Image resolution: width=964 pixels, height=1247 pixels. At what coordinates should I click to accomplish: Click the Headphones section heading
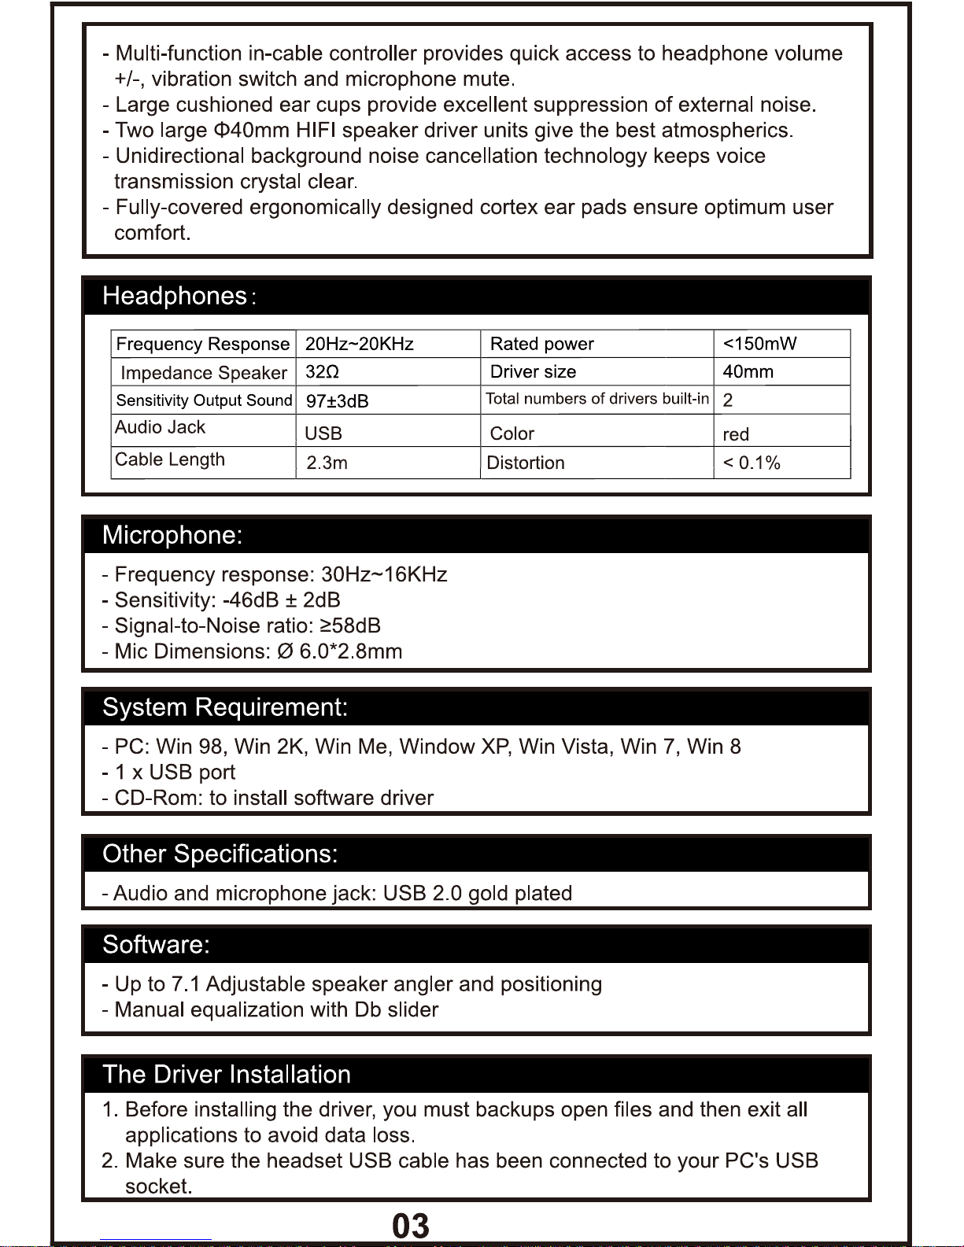pyautogui.click(x=175, y=297)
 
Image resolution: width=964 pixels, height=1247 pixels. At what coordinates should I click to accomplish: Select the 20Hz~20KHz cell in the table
pyautogui.click(x=359, y=344)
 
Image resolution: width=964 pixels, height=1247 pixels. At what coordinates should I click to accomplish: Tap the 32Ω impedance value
pyautogui.click(x=322, y=372)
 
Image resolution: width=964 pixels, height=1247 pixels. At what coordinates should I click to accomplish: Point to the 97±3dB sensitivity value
pyautogui.click(x=337, y=401)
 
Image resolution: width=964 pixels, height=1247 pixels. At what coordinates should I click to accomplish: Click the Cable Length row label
pyautogui.click(x=170, y=459)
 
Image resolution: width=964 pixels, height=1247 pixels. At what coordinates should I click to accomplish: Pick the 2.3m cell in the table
pyautogui.click(x=327, y=463)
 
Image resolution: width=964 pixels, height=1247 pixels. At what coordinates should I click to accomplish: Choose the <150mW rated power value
pyautogui.click(x=759, y=344)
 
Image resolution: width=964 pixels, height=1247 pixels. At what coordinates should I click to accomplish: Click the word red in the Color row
pyautogui.click(x=736, y=434)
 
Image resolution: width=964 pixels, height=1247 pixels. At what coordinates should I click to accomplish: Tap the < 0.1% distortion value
pyautogui.click(x=752, y=463)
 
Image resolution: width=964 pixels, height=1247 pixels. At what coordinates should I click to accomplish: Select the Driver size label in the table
pyautogui.click(x=533, y=372)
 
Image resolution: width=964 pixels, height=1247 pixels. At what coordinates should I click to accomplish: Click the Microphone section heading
pyautogui.click(x=172, y=535)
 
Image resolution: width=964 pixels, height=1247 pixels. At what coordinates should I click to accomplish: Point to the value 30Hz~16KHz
pyautogui.click(x=384, y=574)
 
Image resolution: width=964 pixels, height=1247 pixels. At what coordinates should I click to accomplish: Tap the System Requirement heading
pyautogui.click(x=225, y=707)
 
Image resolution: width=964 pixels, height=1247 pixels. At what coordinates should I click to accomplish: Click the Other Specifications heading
pyautogui.click(x=220, y=854)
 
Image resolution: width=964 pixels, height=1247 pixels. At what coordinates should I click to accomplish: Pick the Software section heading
pyautogui.click(x=157, y=944)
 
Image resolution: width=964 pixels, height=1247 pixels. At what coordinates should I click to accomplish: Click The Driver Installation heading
pyautogui.click(x=227, y=1074)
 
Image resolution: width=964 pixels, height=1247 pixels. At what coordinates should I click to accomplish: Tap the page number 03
pyautogui.click(x=411, y=1226)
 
